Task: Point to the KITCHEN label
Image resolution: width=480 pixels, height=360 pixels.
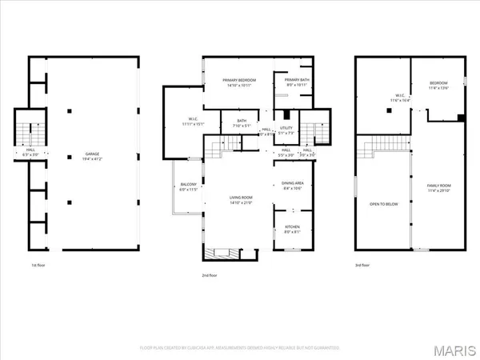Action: click(293, 229)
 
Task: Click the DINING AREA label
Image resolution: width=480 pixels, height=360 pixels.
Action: click(293, 186)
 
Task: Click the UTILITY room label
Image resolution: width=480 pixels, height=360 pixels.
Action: click(286, 129)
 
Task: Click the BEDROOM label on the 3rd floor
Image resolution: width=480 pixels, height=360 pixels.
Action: click(438, 85)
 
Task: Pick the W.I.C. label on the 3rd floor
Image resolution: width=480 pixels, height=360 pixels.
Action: click(389, 99)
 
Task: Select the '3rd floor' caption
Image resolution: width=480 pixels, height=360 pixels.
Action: click(364, 265)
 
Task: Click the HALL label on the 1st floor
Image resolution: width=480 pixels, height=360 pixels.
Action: click(30, 150)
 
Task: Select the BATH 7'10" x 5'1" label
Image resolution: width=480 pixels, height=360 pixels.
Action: click(241, 124)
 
